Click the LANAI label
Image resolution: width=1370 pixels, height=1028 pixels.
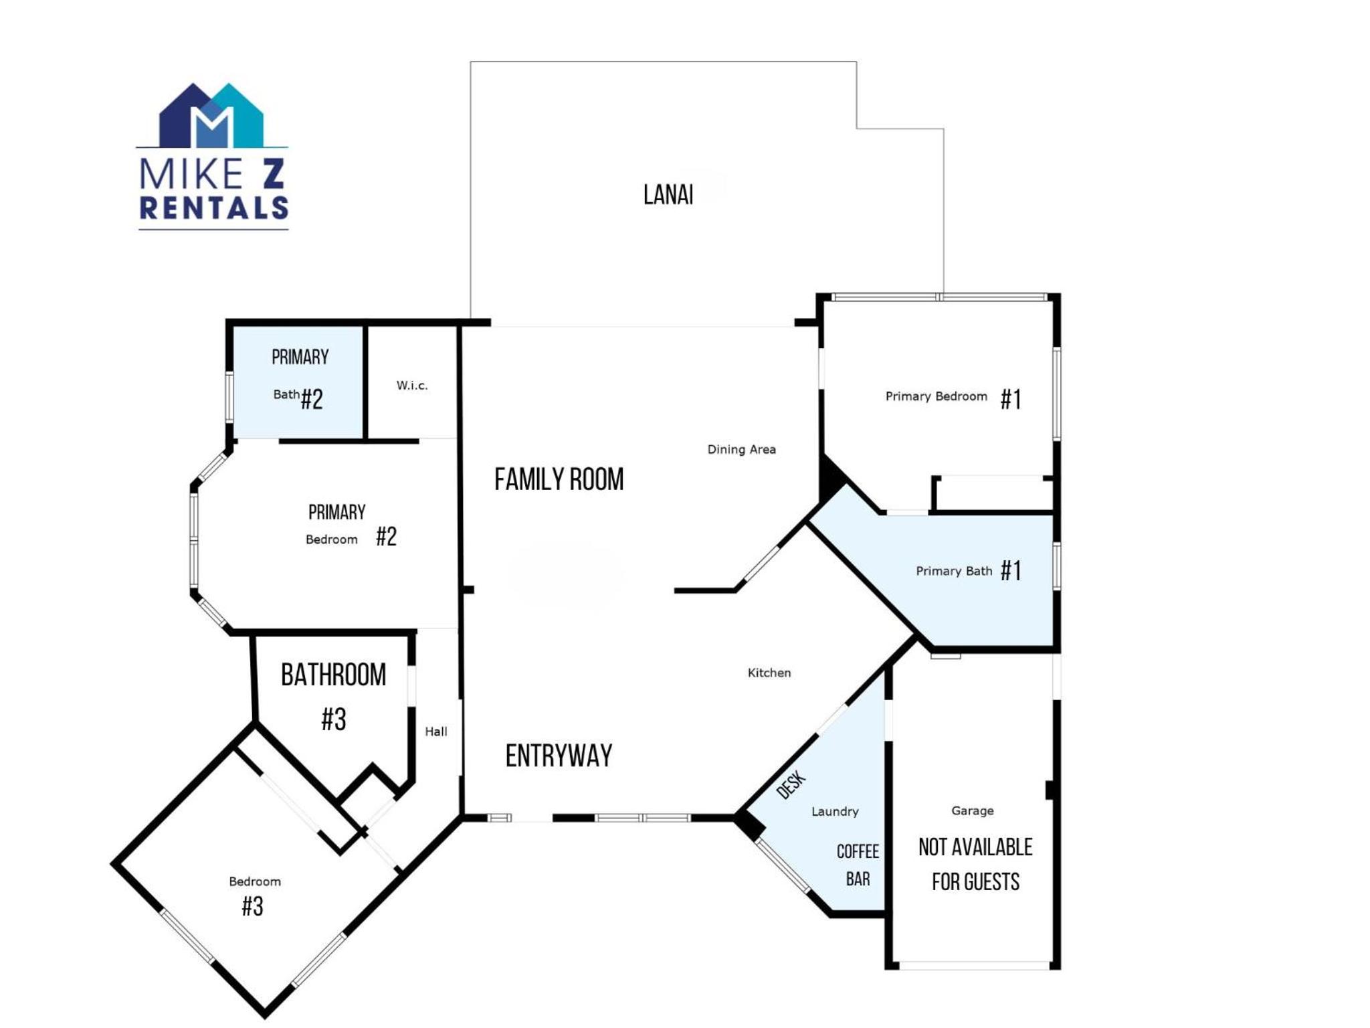(x=668, y=195)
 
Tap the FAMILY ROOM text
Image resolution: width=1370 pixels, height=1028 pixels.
(x=559, y=479)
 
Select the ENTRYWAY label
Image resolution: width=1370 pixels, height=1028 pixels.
(x=559, y=756)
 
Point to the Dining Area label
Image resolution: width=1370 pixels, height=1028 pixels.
(x=741, y=449)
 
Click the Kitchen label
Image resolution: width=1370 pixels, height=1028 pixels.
(x=769, y=673)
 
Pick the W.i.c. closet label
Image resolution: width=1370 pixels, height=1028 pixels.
(x=411, y=385)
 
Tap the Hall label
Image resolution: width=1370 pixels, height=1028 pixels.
(x=436, y=732)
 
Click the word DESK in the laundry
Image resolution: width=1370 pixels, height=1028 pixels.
(x=791, y=785)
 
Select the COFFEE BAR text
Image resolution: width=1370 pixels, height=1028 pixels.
(x=858, y=865)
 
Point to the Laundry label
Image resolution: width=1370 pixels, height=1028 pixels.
(x=835, y=811)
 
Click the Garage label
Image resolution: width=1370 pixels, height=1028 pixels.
(x=972, y=810)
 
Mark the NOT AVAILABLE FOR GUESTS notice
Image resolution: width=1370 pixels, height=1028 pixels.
(x=975, y=864)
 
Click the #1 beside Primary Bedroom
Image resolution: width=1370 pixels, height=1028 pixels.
(x=1011, y=400)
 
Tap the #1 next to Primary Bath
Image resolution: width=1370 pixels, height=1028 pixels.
(x=1011, y=571)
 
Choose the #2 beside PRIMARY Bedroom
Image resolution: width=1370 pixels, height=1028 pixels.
(x=386, y=536)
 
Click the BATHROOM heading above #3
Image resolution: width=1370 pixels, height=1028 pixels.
(x=333, y=675)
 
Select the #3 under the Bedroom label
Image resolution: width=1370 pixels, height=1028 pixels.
(x=252, y=906)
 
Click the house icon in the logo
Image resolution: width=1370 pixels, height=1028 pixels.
(x=211, y=115)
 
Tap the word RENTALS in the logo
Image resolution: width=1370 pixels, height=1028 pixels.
(x=213, y=207)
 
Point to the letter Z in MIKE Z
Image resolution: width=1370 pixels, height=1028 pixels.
(x=273, y=173)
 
